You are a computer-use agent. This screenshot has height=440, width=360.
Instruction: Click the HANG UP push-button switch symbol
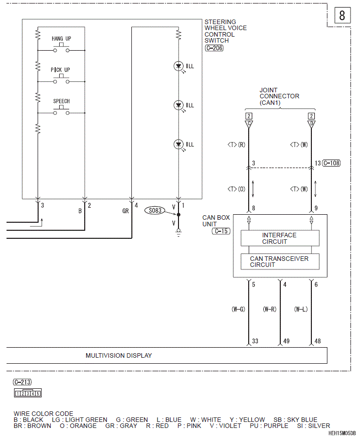pos(61,48)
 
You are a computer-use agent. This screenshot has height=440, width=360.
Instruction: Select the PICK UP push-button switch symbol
pos(61,80)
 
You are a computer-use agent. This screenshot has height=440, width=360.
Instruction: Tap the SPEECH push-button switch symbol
pos(61,111)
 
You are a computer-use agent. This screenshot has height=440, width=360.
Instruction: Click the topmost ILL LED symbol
pos(178,66)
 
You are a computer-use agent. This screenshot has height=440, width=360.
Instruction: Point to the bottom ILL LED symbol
pos(178,144)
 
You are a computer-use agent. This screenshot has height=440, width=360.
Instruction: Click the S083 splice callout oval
pos(155,210)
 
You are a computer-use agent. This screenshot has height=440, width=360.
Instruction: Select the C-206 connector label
pos(214,48)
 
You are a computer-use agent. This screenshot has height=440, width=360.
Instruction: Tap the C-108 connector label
pos(331,163)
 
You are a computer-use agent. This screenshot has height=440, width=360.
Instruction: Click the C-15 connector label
pos(221,231)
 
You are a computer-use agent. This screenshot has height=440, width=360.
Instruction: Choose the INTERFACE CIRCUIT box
pos(280,238)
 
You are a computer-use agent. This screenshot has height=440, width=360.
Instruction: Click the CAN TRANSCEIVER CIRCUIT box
pos(280,261)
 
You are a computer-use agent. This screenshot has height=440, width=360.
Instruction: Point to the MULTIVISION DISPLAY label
pos(119,356)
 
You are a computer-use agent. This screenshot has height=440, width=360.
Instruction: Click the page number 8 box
pos(342,16)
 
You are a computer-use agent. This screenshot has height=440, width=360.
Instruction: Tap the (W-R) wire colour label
pos(269,309)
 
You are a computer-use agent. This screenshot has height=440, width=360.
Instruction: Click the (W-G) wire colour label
pos(238,309)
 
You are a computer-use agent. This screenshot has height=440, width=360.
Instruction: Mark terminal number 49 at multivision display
pos(286,341)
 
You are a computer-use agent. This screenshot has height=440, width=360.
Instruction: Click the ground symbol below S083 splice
pos(178,232)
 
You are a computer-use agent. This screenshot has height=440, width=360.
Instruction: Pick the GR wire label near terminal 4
pos(125,211)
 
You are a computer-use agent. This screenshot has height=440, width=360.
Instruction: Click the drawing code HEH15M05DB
pos(342,433)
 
